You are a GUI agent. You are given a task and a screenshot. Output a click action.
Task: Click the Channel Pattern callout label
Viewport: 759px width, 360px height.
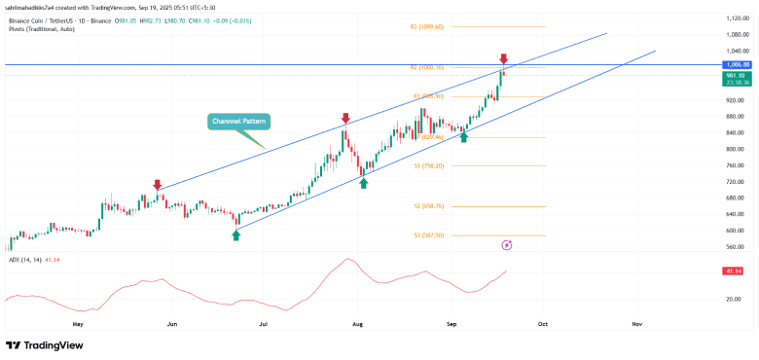coord(239,122)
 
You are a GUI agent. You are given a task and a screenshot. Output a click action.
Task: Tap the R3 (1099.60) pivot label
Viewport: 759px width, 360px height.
coord(427,26)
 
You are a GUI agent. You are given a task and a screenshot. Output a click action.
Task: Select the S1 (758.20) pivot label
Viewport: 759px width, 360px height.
coord(426,165)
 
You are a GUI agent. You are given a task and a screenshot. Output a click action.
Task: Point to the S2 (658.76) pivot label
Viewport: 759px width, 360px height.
coord(426,206)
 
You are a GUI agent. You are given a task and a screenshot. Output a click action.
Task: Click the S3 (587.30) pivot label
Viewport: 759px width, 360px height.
coord(426,235)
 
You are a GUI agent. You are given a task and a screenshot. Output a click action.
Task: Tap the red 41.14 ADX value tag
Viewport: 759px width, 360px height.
coord(732,272)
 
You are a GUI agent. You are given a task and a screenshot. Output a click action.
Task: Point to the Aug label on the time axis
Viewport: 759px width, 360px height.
coord(357,320)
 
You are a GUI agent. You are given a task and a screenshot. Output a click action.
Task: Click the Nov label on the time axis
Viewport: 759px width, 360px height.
coord(636,320)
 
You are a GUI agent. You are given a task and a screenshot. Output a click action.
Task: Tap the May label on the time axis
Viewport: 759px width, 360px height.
coord(78,320)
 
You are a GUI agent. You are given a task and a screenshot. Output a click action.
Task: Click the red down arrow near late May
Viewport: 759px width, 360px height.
coord(158,184)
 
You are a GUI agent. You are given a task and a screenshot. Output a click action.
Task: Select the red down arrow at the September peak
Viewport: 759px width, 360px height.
coord(503,59)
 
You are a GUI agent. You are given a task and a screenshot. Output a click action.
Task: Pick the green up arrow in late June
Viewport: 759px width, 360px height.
coord(235,235)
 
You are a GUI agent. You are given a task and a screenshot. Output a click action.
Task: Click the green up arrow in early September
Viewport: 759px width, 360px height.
coord(464,137)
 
